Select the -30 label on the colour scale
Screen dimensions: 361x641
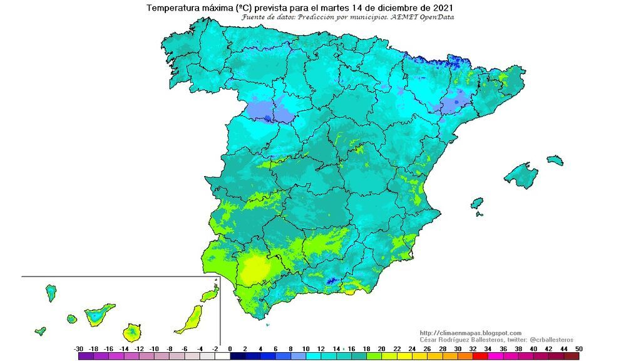coord(79,348)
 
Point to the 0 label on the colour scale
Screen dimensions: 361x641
coord(230,348)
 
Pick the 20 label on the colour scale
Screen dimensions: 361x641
coord(381,348)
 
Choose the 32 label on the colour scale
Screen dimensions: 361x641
coord(473,348)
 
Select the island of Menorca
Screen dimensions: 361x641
coord(555,160)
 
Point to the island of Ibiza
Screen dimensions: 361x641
coord(477,204)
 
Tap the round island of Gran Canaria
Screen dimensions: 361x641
coord(132,332)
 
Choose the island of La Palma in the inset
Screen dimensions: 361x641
coord(51,292)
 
